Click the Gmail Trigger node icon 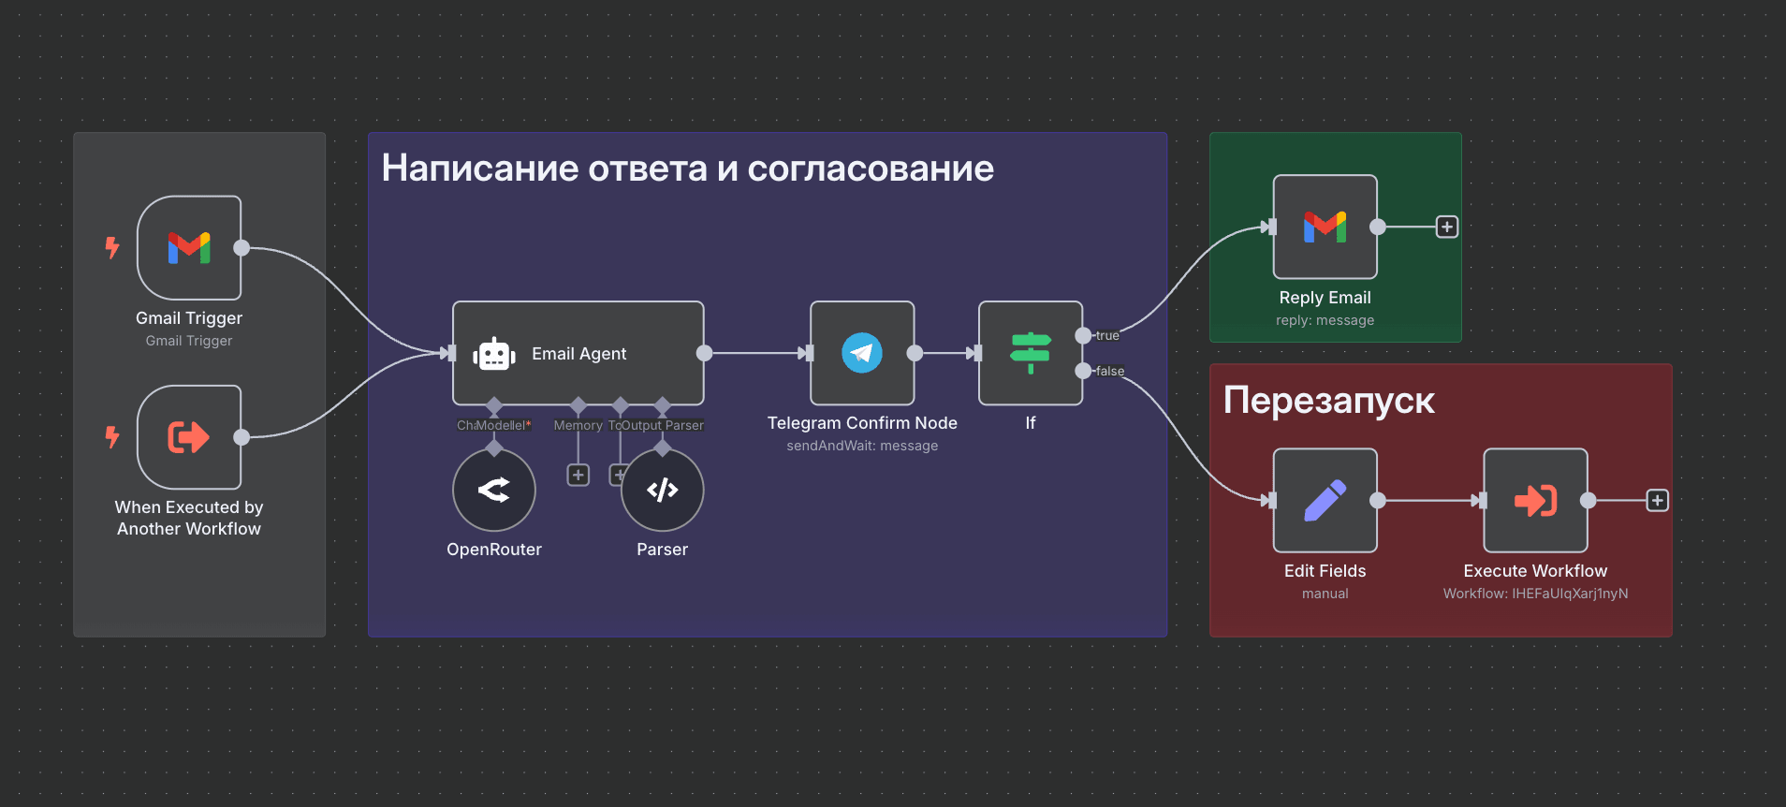(189, 248)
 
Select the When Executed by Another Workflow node (189, 437)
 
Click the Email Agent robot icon (494, 354)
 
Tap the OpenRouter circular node (494, 490)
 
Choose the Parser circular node (663, 490)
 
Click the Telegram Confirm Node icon (862, 353)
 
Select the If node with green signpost (1031, 353)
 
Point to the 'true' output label (1107, 335)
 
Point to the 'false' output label (1110, 371)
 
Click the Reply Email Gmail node (1325, 227)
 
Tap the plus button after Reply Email (1447, 227)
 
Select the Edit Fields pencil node (1325, 501)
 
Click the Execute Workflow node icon (1536, 501)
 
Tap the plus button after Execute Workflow (1658, 501)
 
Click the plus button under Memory (578, 476)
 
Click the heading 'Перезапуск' (1328, 401)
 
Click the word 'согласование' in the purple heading (871, 169)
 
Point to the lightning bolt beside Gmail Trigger (112, 248)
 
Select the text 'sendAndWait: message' (862, 446)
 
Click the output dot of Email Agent (705, 353)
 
